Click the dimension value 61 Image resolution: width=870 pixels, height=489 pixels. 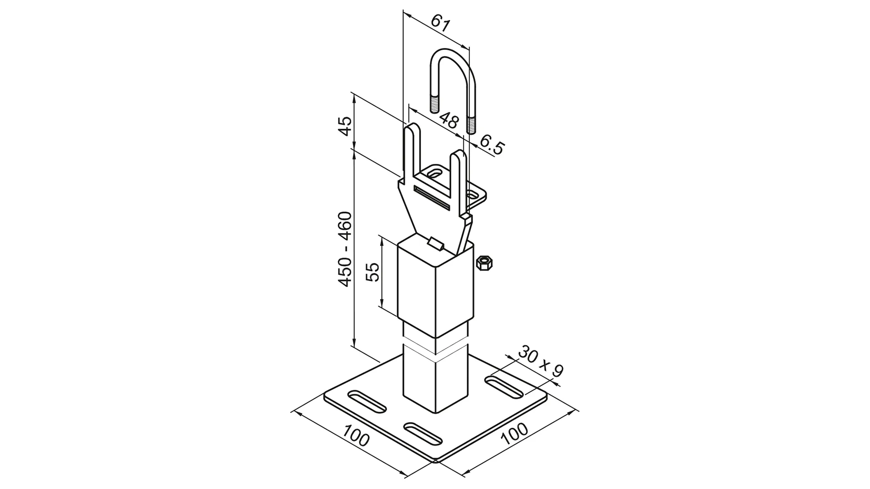440,23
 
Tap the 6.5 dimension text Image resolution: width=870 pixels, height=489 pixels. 491,145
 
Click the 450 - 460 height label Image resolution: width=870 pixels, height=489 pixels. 345,249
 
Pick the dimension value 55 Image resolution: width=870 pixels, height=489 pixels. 372,272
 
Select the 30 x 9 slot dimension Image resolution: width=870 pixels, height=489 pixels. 540,361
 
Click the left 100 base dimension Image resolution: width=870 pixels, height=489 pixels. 356,436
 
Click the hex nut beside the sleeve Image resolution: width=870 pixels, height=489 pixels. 484,263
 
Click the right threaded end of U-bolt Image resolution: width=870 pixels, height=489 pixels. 472,125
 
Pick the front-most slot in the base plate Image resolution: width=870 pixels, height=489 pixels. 423,433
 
